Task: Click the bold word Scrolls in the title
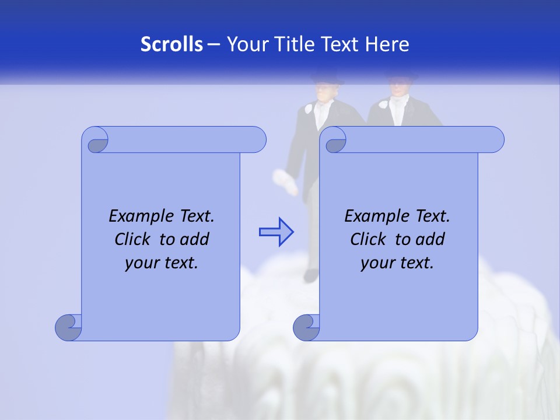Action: coord(171,44)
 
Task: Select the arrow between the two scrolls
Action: coord(276,232)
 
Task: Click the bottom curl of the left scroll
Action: coord(69,327)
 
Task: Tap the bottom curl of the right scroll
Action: coord(306,327)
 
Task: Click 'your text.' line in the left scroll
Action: coord(162,262)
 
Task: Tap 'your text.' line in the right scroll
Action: coord(397,262)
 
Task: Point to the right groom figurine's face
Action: coord(398,89)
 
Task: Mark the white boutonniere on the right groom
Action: coord(383,105)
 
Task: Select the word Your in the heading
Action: coord(244,44)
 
